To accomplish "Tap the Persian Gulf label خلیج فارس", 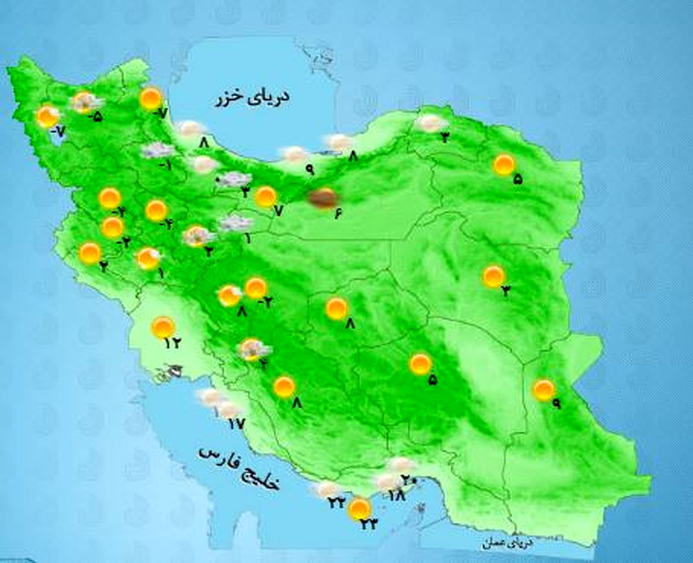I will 239,467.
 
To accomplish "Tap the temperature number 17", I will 236,424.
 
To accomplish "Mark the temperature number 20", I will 409,480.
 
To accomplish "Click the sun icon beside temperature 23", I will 359,509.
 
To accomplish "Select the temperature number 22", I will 337,504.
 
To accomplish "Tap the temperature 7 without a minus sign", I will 278,211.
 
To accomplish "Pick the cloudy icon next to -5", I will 84,102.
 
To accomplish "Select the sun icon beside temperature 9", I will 543,390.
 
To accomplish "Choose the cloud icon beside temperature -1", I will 157,151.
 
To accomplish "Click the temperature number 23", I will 369,524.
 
